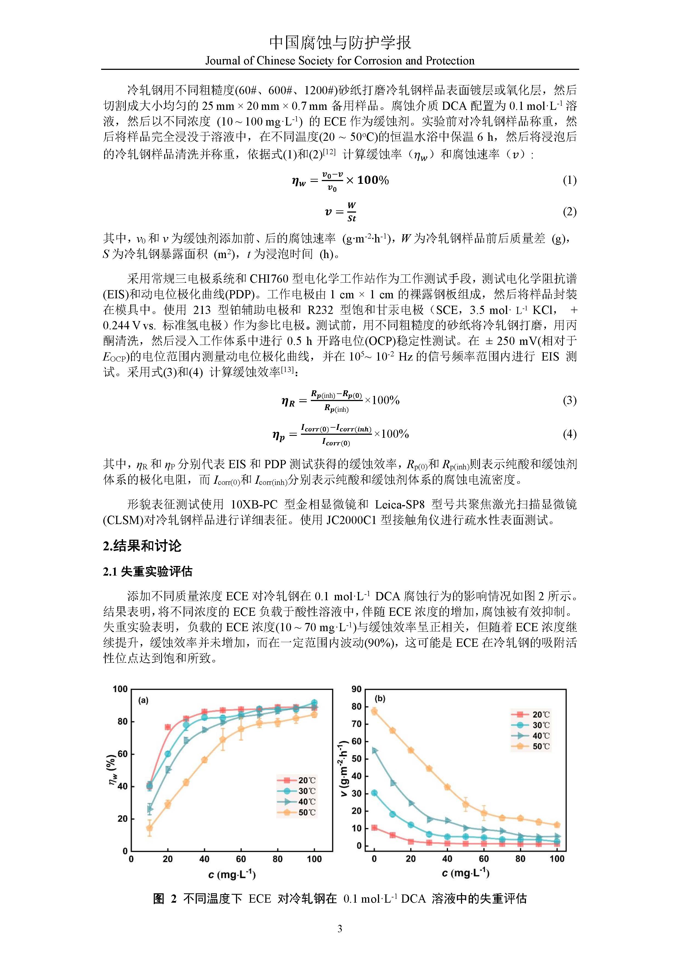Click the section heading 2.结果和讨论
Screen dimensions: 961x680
tap(142, 546)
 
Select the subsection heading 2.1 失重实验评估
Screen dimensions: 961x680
tap(147, 572)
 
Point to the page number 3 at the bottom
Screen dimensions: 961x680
tap(340, 929)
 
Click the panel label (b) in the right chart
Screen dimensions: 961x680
tap(380, 699)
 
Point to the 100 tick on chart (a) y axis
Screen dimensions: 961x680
tap(120, 689)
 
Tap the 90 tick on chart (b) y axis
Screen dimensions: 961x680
tap(356, 689)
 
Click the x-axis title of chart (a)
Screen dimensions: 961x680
tap(232, 875)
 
